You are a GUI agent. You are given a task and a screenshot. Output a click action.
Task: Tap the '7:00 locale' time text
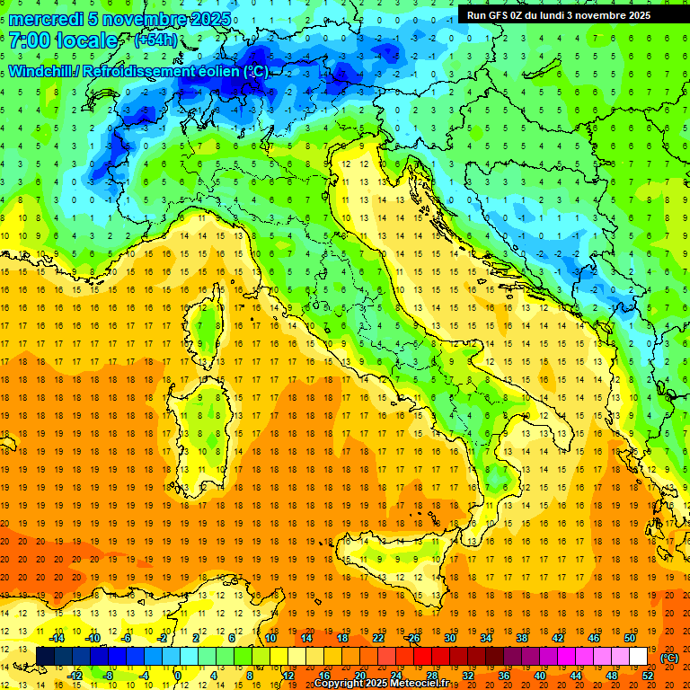[x=63, y=40]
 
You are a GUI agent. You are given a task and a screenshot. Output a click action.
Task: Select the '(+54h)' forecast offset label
[x=155, y=40]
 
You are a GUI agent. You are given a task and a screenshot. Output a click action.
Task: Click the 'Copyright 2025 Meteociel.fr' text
[x=382, y=683]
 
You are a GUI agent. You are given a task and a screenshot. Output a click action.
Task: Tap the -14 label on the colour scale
[x=58, y=638]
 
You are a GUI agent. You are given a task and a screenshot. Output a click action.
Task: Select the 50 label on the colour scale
[x=630, y=638]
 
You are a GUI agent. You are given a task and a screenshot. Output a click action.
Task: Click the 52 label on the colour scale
[x=648, y=675]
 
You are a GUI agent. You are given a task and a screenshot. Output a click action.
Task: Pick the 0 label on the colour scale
[x=178, y=675]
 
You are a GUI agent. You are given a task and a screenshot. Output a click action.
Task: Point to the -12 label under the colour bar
[x=76, y=675]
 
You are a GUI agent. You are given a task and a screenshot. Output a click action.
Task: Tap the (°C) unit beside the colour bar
[x=669, y=658]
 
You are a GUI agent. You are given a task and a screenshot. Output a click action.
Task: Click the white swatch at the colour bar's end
[x=639, y=657]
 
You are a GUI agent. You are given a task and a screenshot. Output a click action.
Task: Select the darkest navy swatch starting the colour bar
[x=45, y=657]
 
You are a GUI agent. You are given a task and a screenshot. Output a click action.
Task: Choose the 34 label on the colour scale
[x=485, y=638]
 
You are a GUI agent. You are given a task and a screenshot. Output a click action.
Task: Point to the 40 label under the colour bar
[x=539, y=675]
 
